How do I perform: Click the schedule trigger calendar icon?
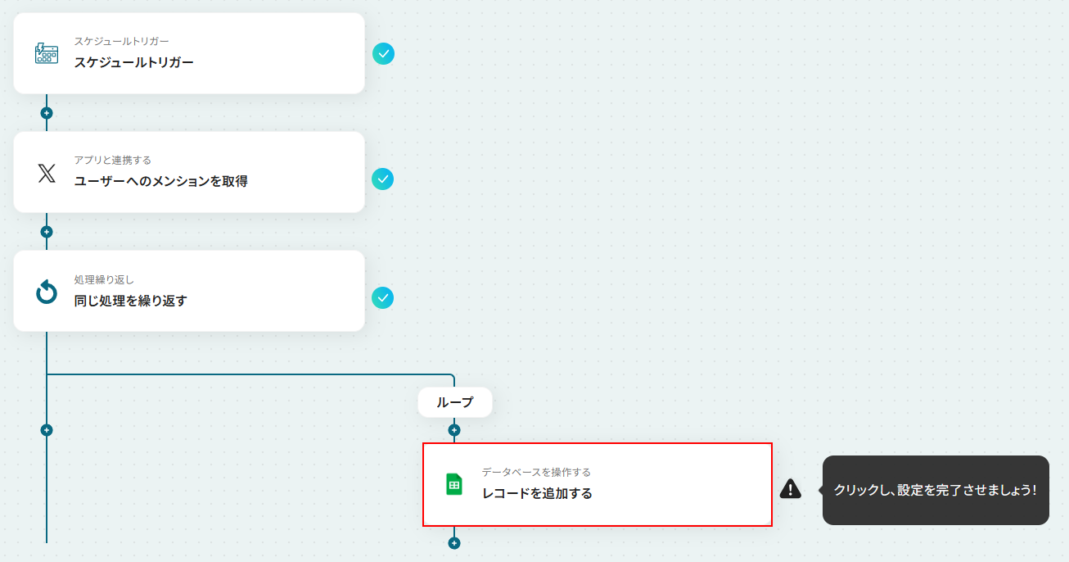click(47, 53)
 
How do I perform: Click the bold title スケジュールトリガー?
click(133, 62)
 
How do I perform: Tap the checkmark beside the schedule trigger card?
click(383, 54)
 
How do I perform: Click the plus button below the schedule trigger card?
click(47, 113)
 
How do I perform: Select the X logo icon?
click(47, 173)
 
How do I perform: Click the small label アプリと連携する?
click(113, 160)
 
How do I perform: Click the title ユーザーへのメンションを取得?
click(160, 181)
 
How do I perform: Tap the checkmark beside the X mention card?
click(383, 179)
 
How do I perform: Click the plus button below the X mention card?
click(47, 232)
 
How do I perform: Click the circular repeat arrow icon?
click(47, 292)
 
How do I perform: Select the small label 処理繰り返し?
click(104, 279)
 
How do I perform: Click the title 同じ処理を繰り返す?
click(130, 301)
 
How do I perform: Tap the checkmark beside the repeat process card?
click(383, 298)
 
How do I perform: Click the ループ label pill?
click(455, 402)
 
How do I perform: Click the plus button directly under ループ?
click(454, 430)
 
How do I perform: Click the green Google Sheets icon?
click(453, 485)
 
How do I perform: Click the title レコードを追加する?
click(537, 493)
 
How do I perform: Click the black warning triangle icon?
click(791, 489)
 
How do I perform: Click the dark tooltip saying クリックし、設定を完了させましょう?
click(936, 490)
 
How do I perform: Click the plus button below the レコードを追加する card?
click(454, 543)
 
